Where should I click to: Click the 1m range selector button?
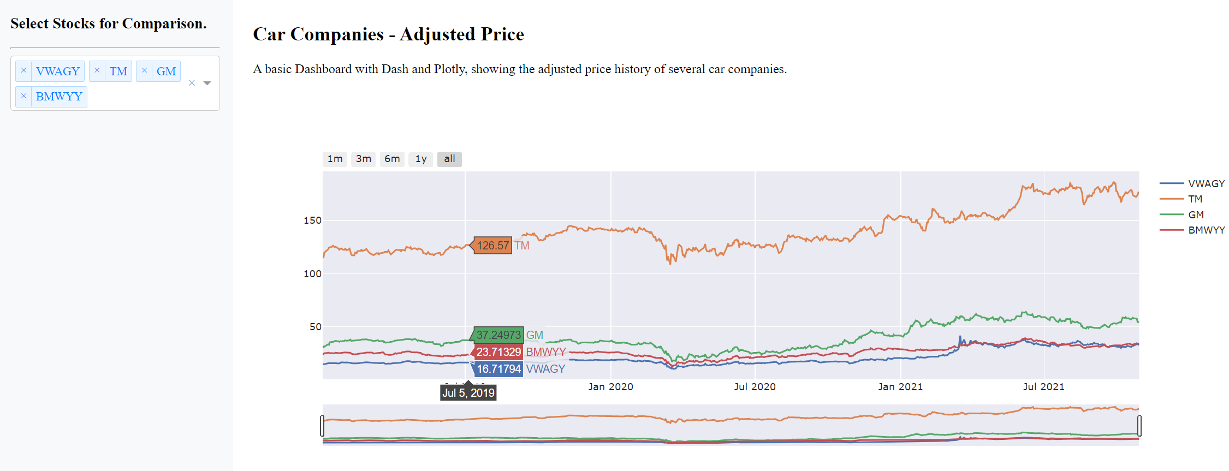tap(335, 159)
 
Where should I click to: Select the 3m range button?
tap(364, 159)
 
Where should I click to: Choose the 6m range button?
tap(392, 159)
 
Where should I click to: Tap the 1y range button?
tap(420, 159)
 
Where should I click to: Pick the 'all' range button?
tap(449, 159)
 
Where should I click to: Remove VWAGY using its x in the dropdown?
tap(23, 71)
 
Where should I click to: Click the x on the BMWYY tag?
tap(23, 96)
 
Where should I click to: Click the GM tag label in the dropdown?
tap(166, 71)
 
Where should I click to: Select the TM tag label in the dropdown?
tap(118, 71)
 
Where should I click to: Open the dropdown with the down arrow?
tap(207, 83)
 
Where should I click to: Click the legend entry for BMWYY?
tap(1206, 230)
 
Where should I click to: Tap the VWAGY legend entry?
tap(1206, 184)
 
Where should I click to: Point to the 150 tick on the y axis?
tap(312, 220)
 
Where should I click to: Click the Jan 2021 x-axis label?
tap(900, 387)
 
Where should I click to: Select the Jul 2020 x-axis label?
tap(755, 387)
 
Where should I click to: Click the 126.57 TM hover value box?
tap(493, 246)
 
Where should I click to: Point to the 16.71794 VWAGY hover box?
tap(498, 369)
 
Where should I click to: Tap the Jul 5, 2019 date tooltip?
tap(468, 393)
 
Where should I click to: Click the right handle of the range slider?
tap(1139, 426)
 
